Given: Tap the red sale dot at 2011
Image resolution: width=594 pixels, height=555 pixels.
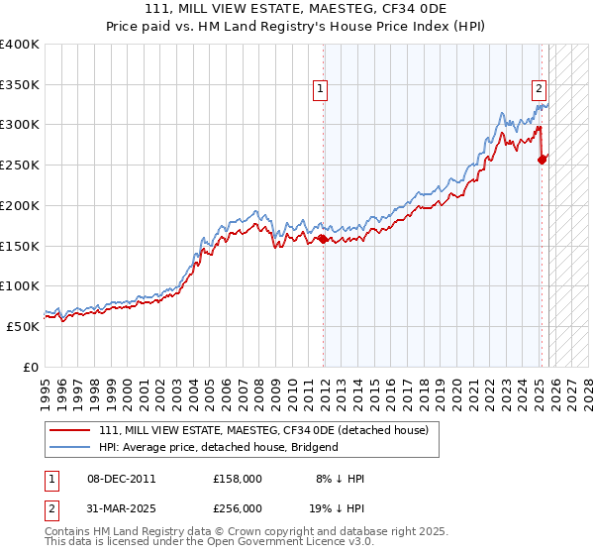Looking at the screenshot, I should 323,239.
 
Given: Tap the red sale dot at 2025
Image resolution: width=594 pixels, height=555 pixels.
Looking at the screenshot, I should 542,160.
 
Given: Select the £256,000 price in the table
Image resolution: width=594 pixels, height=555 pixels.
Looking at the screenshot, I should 237,508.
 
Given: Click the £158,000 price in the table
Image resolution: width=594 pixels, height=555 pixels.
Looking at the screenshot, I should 237,479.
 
